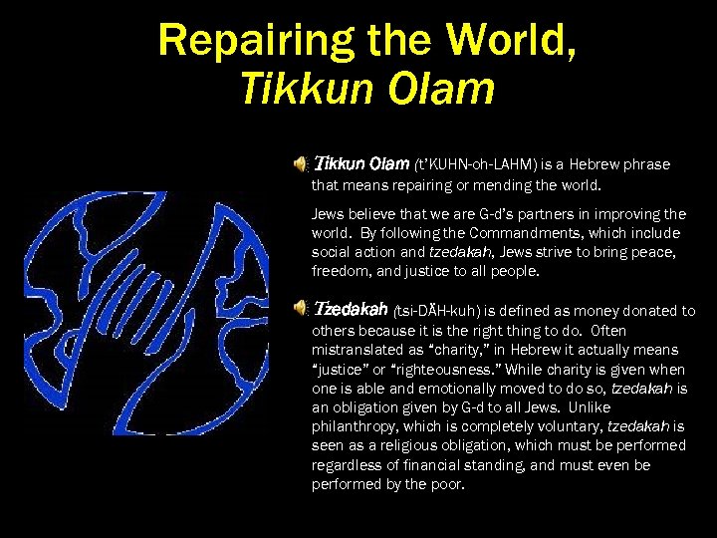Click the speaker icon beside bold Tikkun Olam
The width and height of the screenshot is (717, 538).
[x=302, y=163]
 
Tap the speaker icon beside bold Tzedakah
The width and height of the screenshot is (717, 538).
[x=302, y=311]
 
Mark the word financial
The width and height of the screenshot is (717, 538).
[x=432, y=465]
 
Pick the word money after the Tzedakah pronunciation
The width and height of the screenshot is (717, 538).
[x=554, y=312]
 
